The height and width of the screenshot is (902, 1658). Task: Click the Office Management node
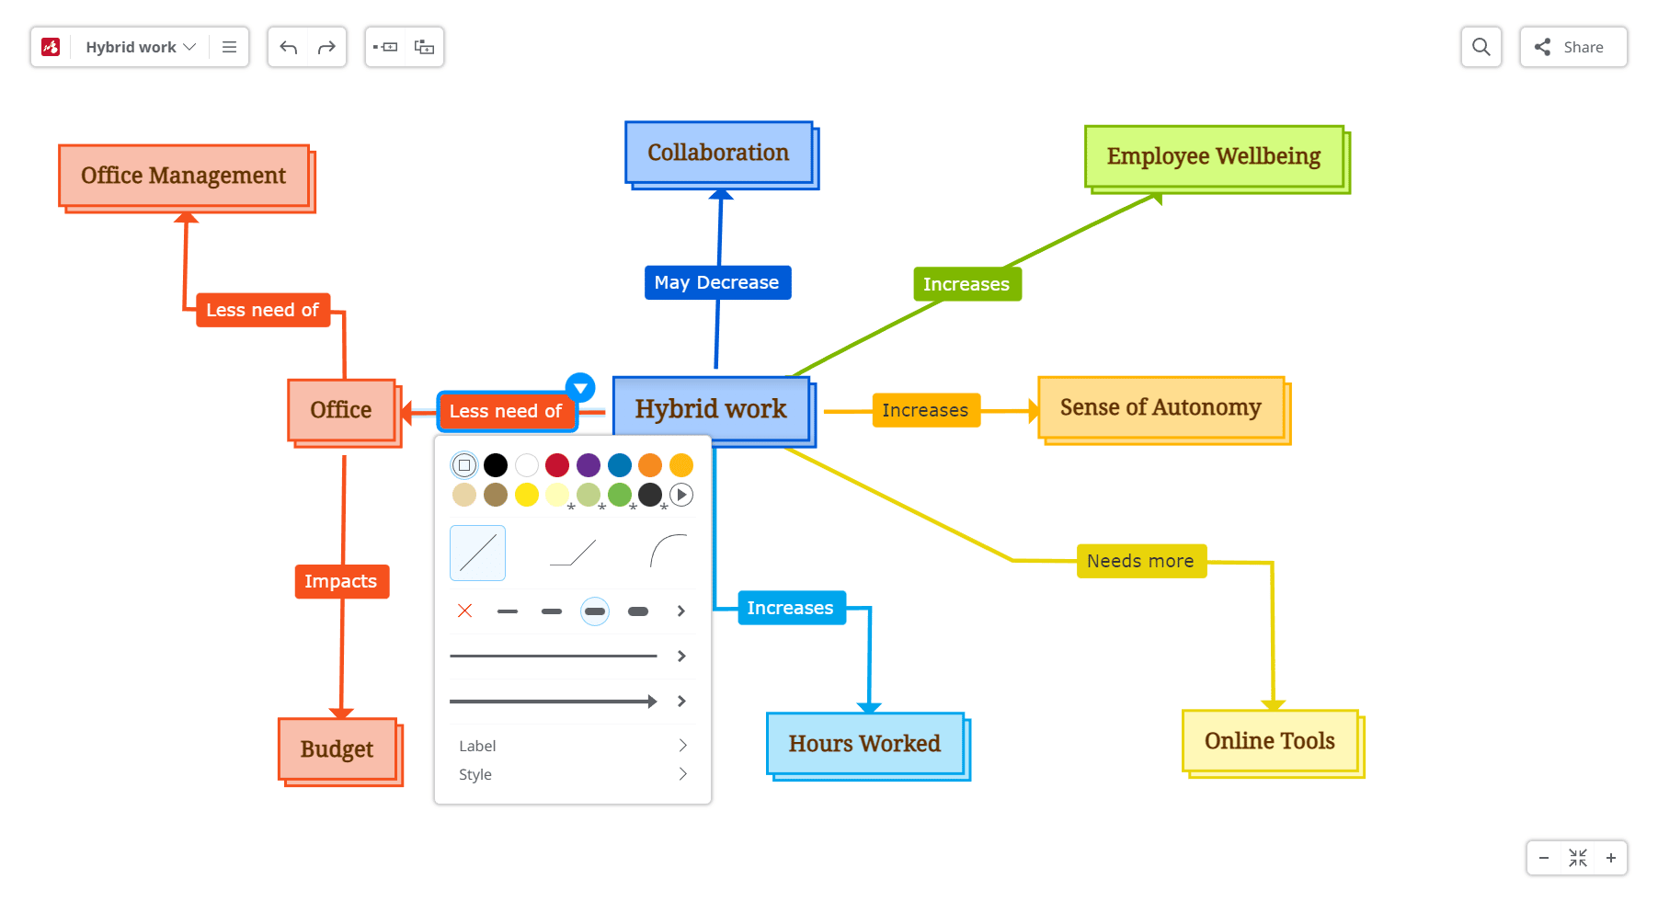click(184, 176)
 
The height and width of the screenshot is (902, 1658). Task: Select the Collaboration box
click(718, 153)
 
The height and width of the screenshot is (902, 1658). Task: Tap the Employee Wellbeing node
click(1213, 156)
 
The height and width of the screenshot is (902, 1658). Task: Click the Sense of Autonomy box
click(1161, 407)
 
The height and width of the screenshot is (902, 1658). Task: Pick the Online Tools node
click(1269, 741)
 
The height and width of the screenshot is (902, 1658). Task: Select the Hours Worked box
click(864, 743)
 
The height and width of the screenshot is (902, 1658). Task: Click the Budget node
click(337, 749)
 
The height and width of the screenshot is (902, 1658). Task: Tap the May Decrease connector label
click(716, 282)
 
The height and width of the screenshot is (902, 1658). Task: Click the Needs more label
click(1140, 561)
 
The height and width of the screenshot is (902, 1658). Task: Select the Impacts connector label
click(341, 581)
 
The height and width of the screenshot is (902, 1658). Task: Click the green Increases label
click(966, 284)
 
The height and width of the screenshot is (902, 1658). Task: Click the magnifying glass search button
click(1481, 47)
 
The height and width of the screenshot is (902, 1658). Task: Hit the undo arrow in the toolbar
click(289, 47)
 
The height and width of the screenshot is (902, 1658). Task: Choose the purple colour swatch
click(589, 465)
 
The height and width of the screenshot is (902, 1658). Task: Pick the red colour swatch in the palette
click(557, 465)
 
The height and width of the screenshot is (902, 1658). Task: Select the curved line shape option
click(668, 552)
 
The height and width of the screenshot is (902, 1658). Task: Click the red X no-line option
click(465, 611)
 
